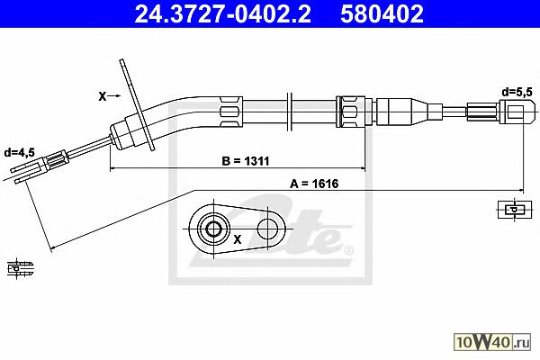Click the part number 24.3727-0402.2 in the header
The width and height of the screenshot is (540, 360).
[x=222, y=14]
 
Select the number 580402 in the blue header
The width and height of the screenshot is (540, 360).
[x=382, y=14]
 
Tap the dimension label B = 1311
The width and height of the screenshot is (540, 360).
[x=245, y=161]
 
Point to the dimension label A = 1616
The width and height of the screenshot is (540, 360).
[x=314, y=184]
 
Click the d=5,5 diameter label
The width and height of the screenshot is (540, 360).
[x=517, y=92]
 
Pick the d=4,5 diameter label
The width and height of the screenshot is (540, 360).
[x=19, y=153]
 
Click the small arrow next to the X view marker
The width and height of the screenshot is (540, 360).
[x=114, y=96]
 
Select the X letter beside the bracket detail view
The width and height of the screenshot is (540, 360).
[x=238, y=239]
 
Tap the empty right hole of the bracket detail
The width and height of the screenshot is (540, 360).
[x=267, y=229]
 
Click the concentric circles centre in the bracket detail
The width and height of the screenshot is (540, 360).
[x=214, y=229]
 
